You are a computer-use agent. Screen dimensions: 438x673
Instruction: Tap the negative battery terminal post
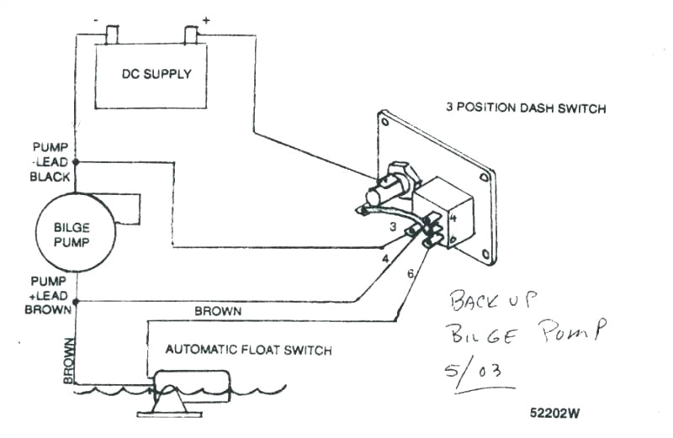pos(112,35)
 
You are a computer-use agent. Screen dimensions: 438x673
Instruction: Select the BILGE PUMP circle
pos(73,230)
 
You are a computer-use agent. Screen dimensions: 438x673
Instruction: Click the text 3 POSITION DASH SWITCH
pos(526,108)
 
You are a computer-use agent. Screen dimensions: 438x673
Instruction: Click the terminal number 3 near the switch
pos(392,227)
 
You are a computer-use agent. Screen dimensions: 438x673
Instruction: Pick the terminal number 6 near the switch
pos(410,274)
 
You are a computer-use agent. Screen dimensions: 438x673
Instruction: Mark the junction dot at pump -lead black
pos(75,161)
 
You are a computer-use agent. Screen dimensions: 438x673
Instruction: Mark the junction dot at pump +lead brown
pos(75,301)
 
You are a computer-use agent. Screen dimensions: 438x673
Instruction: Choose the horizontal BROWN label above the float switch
pos(218,311)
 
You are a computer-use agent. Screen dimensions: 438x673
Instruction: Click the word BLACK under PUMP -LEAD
pos(50,177)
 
